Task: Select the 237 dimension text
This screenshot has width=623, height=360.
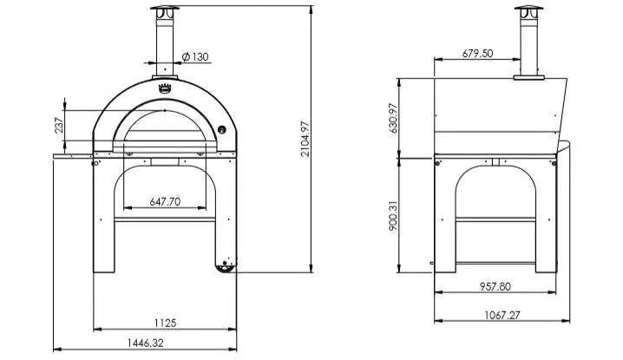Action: (59, 125)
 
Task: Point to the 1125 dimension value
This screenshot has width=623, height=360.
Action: (165, 323)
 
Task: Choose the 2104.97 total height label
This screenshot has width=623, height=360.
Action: (305, 139)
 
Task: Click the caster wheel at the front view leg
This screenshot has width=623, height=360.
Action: (227, 265)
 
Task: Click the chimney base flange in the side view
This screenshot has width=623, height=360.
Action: (525, 78)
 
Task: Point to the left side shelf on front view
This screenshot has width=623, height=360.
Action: (74, 156)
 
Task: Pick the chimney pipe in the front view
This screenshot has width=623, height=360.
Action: (164, 43)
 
